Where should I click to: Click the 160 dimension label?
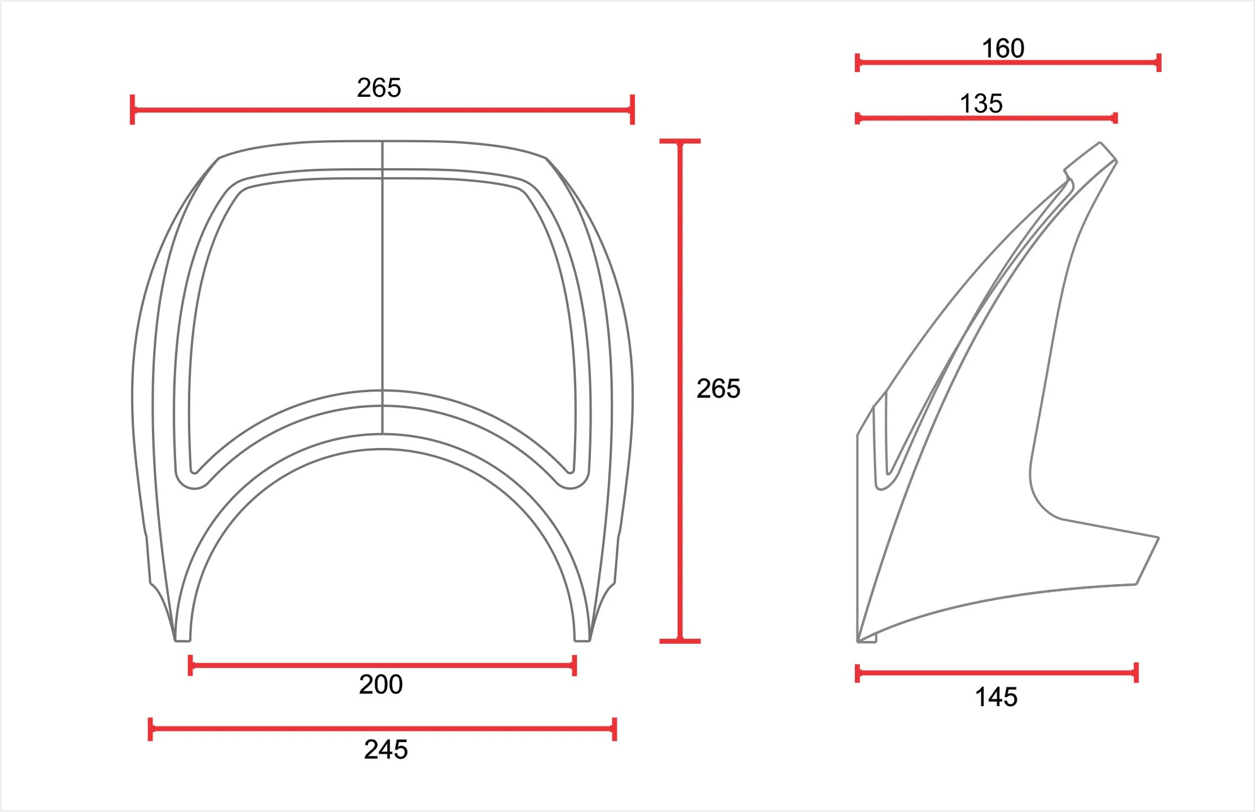click(1003, 48)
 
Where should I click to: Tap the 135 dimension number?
click(981, 104)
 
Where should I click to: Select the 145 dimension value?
click(996, 697)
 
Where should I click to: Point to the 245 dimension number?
click(386, 750)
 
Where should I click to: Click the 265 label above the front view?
click(379, 88)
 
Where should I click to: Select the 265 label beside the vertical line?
click(718, 389)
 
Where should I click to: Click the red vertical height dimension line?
click(680, 391)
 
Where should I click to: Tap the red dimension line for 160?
click(1008, 62)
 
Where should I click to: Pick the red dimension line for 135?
click(986, 118)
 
